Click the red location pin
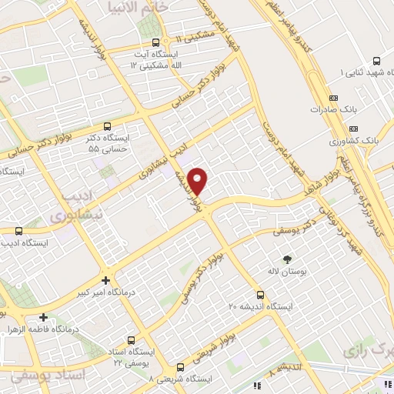click(x=199, y=181)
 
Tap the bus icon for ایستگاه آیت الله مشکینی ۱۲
click(x=156, y=42)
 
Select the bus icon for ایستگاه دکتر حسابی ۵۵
click(x=107, y=125)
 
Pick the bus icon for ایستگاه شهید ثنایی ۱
click(x=376, y=60)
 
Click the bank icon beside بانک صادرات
click(x=332, y=98)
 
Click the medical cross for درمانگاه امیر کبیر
click(x=105, y=280)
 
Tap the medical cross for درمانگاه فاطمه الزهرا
click(x=44, y=316)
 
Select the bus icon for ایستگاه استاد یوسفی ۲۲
click(x=130, y=339)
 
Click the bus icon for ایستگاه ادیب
click(x=18, y=230)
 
